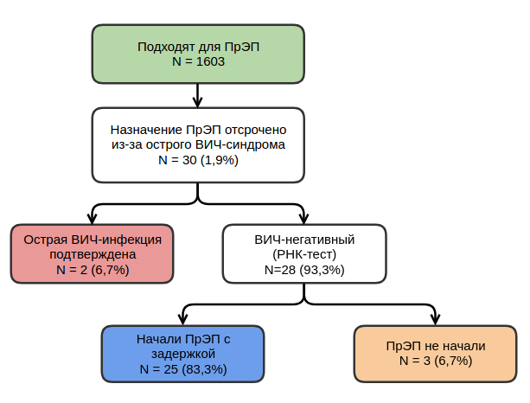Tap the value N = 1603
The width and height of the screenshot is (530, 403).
198,62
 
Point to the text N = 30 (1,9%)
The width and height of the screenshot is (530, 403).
198,160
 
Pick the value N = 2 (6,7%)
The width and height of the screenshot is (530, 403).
93,270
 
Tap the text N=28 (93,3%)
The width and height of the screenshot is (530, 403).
304,270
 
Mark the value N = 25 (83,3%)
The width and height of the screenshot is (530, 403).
182,369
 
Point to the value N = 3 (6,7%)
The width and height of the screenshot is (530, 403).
436,361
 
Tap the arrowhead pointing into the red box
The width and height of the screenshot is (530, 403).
93,219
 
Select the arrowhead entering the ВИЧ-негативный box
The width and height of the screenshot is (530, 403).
304,219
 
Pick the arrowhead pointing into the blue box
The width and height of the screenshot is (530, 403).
182,319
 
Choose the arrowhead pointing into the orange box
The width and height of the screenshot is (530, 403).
435,319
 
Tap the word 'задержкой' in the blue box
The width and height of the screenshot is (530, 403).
182,354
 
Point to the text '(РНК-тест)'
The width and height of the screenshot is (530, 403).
304,254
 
